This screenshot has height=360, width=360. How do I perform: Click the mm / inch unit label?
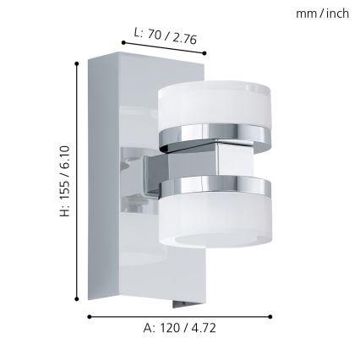[x=322, y=14]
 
